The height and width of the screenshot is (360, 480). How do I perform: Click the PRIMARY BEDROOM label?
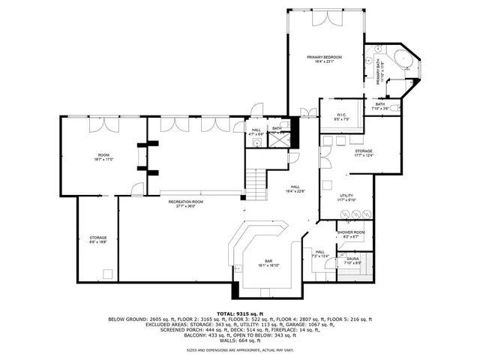pyautogui.click(x=324, y=58)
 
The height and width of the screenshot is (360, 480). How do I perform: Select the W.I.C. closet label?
pyautogui.click(x=340, y=115)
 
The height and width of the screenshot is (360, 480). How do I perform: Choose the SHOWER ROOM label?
pyautogui.click(x=350, y=233)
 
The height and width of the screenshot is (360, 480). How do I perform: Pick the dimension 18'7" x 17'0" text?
pyautogui.click(x=103, y=159)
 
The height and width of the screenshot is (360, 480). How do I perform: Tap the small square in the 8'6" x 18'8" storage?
pyautogui.click(x=107, y=273)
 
